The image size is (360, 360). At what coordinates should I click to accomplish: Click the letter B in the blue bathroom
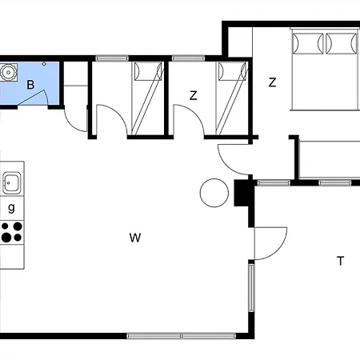[30, 84]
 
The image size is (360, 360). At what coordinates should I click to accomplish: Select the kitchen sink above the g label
[11, 183]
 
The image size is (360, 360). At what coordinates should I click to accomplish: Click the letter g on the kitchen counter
[11, 208]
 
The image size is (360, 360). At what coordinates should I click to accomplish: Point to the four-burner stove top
[11, 232]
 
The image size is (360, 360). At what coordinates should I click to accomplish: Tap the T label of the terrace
[340, 261]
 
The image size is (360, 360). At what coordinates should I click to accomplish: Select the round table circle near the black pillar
[214, 193]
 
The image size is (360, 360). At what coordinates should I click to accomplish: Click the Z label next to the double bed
[273, 82]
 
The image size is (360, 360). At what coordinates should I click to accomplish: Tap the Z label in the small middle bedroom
[193, 95]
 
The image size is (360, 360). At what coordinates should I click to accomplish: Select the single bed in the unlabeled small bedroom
[146, 96]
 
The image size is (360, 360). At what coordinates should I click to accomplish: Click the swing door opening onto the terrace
[270, 242]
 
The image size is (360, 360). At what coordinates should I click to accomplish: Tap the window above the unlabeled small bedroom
[113, 58]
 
